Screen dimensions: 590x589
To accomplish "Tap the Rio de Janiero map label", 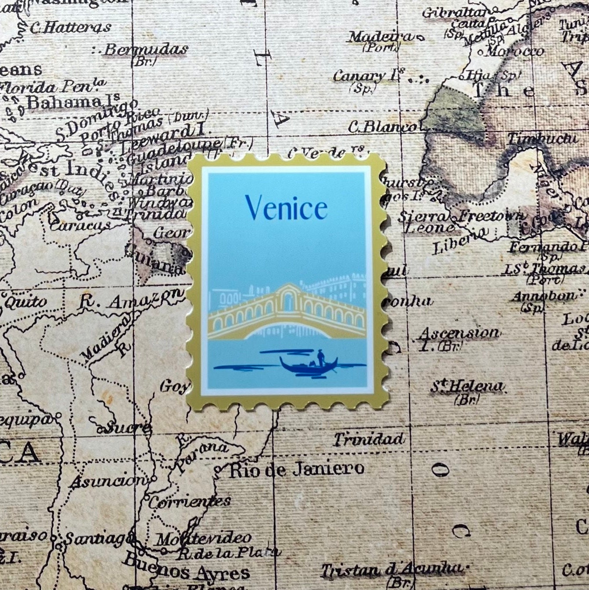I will [296, 470].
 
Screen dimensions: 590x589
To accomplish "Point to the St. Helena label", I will [466, 387].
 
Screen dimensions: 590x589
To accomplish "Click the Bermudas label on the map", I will [146, 50].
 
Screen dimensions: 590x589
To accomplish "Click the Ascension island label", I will [459, 334].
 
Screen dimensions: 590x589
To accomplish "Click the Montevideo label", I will [204, 539].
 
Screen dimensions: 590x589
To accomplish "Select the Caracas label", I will [81, 226].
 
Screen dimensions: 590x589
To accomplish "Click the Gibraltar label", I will [455, 13].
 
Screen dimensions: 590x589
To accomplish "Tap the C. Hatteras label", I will [70, 28].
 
